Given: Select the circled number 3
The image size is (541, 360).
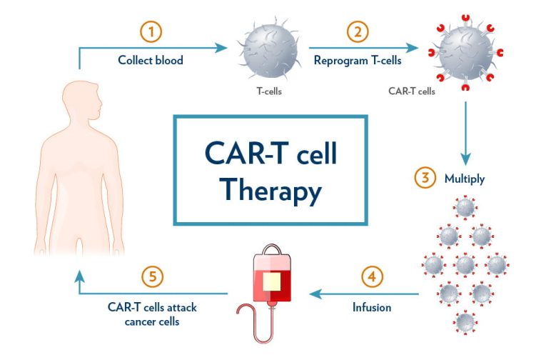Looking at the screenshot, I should point(426,178).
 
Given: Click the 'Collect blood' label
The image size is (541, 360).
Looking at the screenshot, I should point(151,60).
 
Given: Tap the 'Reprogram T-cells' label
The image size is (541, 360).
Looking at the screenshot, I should point(358,60).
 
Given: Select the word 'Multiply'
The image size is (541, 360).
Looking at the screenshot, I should point(464,179).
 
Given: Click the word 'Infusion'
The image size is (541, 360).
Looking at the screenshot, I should point(372,309).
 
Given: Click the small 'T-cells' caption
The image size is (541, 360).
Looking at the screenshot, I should point(269,91).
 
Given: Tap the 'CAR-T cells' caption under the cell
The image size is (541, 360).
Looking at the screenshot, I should point(412,91).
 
